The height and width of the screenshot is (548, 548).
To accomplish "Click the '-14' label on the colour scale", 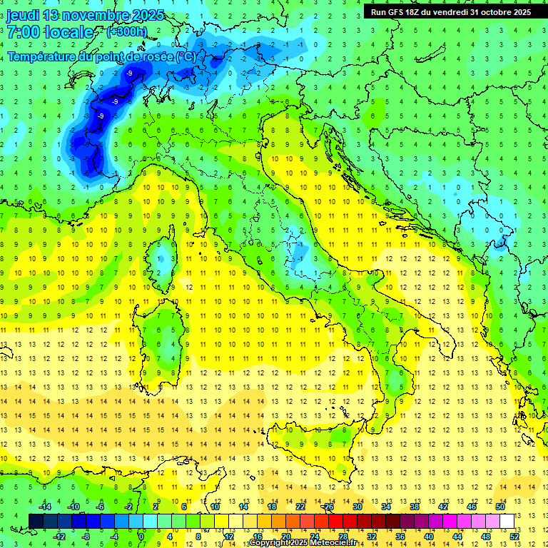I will [x=44, y=507].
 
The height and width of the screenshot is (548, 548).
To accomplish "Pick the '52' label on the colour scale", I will [x=514, y=536].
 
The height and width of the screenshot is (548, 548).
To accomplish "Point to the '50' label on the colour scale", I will [x=500, y=507].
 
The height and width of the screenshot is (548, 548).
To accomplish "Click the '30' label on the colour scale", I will [x=357, y=507].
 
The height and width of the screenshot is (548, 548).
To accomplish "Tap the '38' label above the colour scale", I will [x=415, y=507].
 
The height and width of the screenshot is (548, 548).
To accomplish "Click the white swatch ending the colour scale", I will [x=507, y=521].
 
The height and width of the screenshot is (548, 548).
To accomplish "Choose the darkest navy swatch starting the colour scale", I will [x=36, y=521].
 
